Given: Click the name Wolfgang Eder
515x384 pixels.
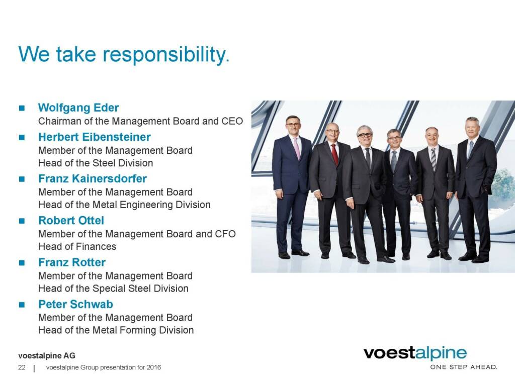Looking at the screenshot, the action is [x=78, y=108].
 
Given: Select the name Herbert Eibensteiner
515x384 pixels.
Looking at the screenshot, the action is [x=94, y=137].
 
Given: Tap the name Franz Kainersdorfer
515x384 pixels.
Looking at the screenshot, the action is [x=93, y=178].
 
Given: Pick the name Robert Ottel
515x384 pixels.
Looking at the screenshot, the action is [x=71, y=221].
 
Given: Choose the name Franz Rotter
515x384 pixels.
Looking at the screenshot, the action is [x=72, y=262].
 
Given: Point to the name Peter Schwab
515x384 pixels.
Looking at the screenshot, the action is [x=75, y=304].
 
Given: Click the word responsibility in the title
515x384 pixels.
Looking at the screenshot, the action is [x=166, y=55].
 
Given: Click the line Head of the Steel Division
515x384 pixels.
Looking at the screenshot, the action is [x=96, y=163].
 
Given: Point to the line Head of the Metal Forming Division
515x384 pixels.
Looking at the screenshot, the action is [x=116, y=330].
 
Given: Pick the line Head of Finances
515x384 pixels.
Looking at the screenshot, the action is [x=77, y=246].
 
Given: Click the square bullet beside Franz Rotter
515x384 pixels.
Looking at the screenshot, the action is [x=22, y=262].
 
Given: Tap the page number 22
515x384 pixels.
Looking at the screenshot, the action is [x=22, y=367].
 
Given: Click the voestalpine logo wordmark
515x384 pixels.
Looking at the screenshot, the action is [x=415, y=353].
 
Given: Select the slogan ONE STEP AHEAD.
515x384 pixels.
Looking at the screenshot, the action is [x=464, y=367].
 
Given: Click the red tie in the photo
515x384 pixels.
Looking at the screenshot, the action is [x=334, y=153].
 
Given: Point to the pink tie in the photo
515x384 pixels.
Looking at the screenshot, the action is [x=297, y=148].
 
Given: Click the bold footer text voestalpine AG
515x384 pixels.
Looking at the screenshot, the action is [x=47, y=356].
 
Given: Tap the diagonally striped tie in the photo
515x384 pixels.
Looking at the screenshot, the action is [x=434, y=159].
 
